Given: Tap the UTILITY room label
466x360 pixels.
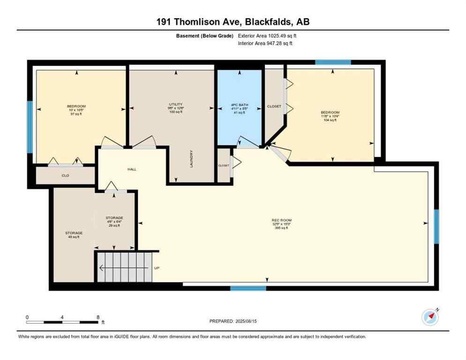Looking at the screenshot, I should click(175, 104).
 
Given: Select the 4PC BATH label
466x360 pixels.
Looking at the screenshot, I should click(239, 104).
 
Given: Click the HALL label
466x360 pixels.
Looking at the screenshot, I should click(132, 169).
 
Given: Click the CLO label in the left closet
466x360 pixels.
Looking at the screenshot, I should click(66, 176).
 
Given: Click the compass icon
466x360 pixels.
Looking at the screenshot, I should click(430, 317).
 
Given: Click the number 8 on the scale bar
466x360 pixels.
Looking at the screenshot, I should click(98, 317).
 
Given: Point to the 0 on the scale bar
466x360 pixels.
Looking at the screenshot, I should click(27, 317).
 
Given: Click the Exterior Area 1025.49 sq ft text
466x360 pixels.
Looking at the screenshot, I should click(267, 36).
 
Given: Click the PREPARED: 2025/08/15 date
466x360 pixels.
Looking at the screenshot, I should click(233, 321).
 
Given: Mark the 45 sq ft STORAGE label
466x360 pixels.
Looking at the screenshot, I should click(74, 234).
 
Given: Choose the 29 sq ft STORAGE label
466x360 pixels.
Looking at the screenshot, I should click(114, 221).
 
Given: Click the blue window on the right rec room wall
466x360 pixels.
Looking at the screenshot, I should click(436, 226).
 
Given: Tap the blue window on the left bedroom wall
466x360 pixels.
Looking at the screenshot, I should click(30, 127).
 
